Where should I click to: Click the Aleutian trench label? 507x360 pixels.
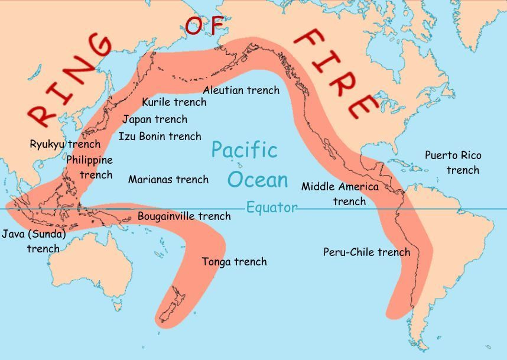pos(241,90)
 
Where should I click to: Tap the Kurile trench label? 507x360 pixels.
pos(174,102)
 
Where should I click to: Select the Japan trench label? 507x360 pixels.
pos(155,119)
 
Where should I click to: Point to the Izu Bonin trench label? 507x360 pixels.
pos(160,137)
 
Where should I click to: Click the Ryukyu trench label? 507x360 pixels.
pos(65,144)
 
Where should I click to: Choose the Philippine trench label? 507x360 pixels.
pos(90,167)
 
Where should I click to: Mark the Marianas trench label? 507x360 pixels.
pos(168,179)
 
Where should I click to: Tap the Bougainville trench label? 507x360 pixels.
pos(184,216)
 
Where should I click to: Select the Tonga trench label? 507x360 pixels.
pos(234,262)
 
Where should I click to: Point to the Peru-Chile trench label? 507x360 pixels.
pos(366,252)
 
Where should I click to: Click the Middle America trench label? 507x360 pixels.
pos(340,194)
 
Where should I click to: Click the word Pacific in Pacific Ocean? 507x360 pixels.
pos(244,150)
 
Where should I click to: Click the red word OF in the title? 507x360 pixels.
pos(205,26)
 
